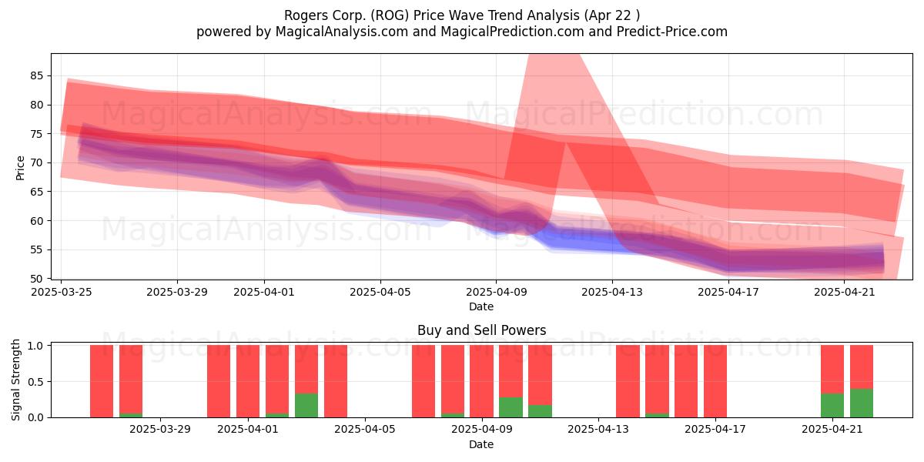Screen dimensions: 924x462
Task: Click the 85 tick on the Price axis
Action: tap(36, 76)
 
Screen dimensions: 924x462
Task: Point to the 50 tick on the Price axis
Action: tap(36, 279)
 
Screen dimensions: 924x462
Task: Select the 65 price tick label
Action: tap(36, 192)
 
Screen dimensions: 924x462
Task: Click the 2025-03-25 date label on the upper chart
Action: tap(62, 292)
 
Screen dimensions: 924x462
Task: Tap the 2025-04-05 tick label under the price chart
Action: tap(380, 292)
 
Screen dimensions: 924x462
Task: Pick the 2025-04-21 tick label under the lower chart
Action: tap(832, 430)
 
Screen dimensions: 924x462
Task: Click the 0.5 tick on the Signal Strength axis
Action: tap(36, 382)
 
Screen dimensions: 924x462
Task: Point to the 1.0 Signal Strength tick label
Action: tap(36, 346)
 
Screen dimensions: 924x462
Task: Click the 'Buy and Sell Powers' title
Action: tap(481, 330)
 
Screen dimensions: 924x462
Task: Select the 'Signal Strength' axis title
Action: tap(15, 380)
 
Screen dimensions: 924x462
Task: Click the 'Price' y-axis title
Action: tap(20, 169)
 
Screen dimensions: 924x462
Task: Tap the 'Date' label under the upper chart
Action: tap(481, 306)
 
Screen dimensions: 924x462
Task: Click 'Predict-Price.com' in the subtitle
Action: tap(672, 32)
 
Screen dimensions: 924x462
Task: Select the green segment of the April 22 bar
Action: tap(862, 403)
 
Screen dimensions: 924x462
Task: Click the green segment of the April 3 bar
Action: tap(306, 406)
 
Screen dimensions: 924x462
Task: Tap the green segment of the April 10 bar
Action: tap(511, 407)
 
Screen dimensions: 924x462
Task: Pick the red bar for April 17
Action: tap(715, 381)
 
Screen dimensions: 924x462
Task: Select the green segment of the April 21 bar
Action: tap(832, 406)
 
